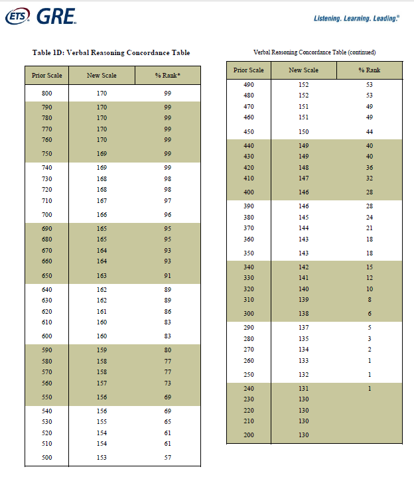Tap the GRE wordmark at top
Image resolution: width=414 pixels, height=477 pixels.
click(56, 16)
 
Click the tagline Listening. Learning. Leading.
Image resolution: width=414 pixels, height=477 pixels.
click(356, 19)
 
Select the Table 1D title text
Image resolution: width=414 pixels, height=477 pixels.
click(111, 52)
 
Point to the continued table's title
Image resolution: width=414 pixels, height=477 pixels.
click(314, 52)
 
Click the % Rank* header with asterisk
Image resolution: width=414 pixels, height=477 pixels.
click(168, 76)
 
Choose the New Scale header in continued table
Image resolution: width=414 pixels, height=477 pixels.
click(303, 70)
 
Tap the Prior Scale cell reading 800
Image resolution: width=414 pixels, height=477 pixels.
click(46, 94)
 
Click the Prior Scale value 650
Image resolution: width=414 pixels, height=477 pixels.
click(46, 275)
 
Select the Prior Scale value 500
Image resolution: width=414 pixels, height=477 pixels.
click(46, 458)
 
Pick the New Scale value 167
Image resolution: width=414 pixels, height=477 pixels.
click(102, 200)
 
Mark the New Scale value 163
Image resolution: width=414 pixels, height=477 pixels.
click(102, 275)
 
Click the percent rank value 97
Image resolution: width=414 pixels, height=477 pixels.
click(168, 200)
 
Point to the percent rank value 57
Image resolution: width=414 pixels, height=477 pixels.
click(168, 458)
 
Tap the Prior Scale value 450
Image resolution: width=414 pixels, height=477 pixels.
click(249, 132)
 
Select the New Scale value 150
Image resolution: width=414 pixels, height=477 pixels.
click(303, 132)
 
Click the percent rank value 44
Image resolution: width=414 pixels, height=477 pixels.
click(370, 132)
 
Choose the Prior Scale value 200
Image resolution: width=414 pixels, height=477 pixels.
click(249, 435)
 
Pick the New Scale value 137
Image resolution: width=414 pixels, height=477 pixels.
click(303, 328)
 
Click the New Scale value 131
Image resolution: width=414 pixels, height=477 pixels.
click(303, 389)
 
